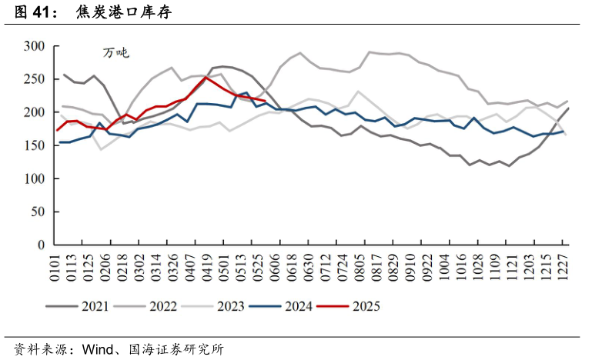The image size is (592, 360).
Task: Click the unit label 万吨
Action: [116, 53]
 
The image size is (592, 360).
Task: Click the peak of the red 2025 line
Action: [206, 77]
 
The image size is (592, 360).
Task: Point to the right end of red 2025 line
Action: [265, 101]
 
